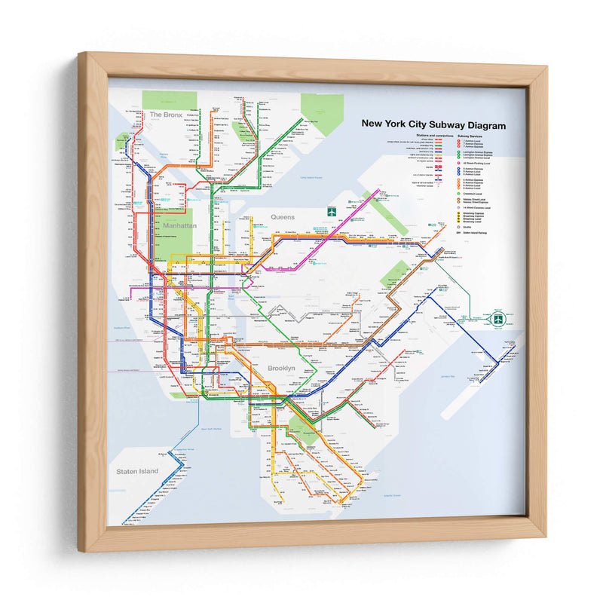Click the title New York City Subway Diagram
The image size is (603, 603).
point(433,125)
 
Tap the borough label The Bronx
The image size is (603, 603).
point(165,115)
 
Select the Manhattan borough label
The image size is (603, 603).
point(179,225)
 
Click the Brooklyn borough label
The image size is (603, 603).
point(280,368)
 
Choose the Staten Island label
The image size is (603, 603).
point(137,471)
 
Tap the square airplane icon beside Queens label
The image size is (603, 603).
point(330,213)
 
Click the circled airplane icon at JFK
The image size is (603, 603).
point(497,319)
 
